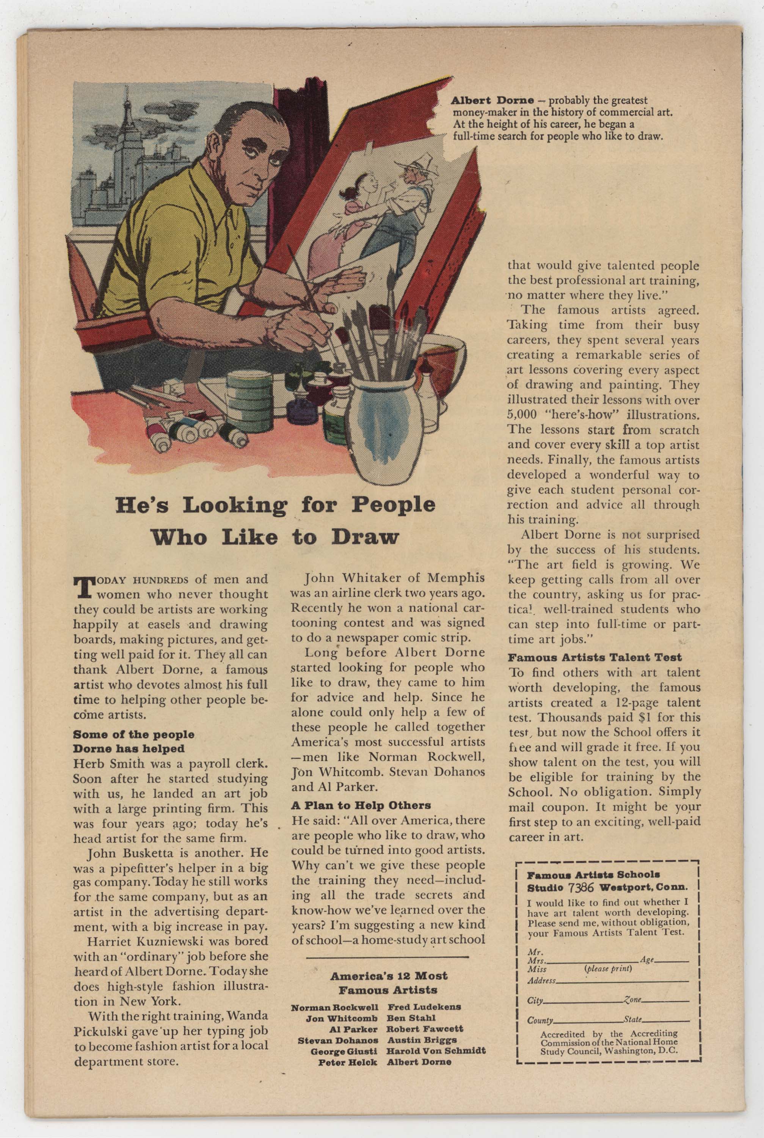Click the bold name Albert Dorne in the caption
click(492, 101)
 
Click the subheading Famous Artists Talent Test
click(595, 657)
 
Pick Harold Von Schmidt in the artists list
click(436, 1051)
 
